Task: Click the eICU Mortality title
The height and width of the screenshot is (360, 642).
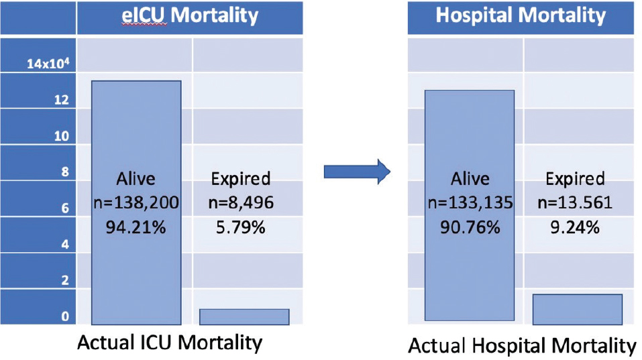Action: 190,15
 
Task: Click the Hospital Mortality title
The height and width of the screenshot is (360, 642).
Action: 521,15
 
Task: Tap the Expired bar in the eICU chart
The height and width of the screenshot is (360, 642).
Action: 244,316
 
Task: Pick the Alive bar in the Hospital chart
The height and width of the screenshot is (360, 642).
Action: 469,134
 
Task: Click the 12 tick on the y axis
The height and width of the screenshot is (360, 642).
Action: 62,100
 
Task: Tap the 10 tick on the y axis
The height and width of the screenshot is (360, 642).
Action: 62,136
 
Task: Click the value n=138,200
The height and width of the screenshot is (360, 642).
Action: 136,203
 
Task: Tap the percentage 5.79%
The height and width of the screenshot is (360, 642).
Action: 241,227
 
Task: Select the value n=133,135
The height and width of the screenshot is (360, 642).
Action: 469,203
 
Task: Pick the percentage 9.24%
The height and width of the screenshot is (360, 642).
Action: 574,227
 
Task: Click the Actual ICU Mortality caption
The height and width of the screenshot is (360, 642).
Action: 170,343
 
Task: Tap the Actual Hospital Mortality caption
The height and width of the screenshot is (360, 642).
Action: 522,346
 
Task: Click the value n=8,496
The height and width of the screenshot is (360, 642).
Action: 241,203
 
